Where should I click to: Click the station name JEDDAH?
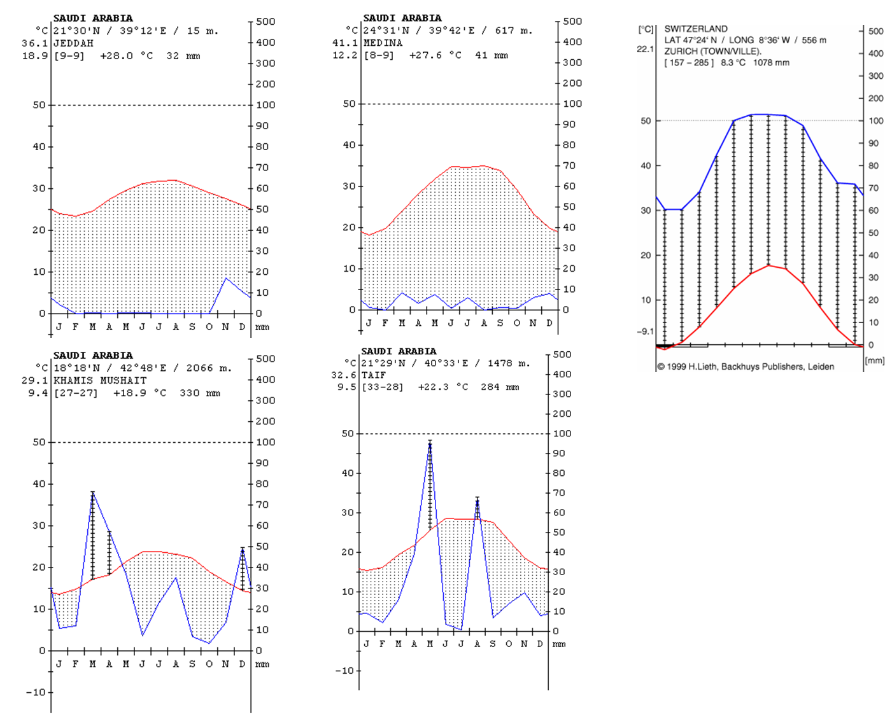[73, 43]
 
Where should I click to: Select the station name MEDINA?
[383, 43]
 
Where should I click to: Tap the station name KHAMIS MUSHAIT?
[100, 380]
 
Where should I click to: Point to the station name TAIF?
[374, 375]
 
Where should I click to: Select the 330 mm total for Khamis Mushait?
[200, 393]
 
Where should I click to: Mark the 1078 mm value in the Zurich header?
[771, 62]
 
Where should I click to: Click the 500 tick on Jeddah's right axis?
[265, 22]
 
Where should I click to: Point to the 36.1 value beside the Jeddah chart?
[34, 43]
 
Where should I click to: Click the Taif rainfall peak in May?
[430, 443]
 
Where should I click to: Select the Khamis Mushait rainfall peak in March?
[93, 493]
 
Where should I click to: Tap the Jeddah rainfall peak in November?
[226, 278]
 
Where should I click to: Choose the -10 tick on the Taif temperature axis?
[344, 671]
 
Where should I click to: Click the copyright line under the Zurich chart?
[746, 366]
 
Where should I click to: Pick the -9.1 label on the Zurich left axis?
[646, 331]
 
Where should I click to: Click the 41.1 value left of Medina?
[344, 43]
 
